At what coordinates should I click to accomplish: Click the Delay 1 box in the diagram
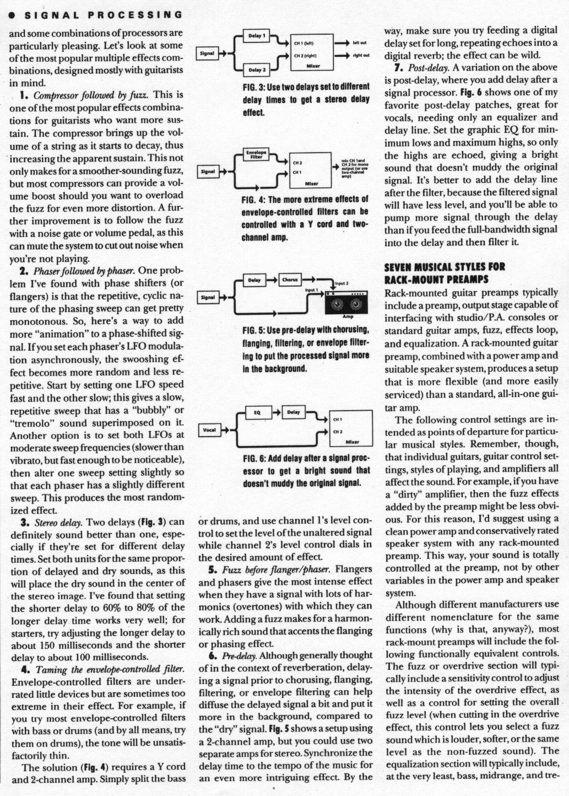257,36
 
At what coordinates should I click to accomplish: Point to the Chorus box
290,280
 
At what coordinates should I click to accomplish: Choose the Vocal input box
210,430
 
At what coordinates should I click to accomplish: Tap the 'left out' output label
360,42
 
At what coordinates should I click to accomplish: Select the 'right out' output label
361,55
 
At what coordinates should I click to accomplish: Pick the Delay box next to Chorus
254,280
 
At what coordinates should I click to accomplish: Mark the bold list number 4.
25,670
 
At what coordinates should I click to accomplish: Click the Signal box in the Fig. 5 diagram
208,298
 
